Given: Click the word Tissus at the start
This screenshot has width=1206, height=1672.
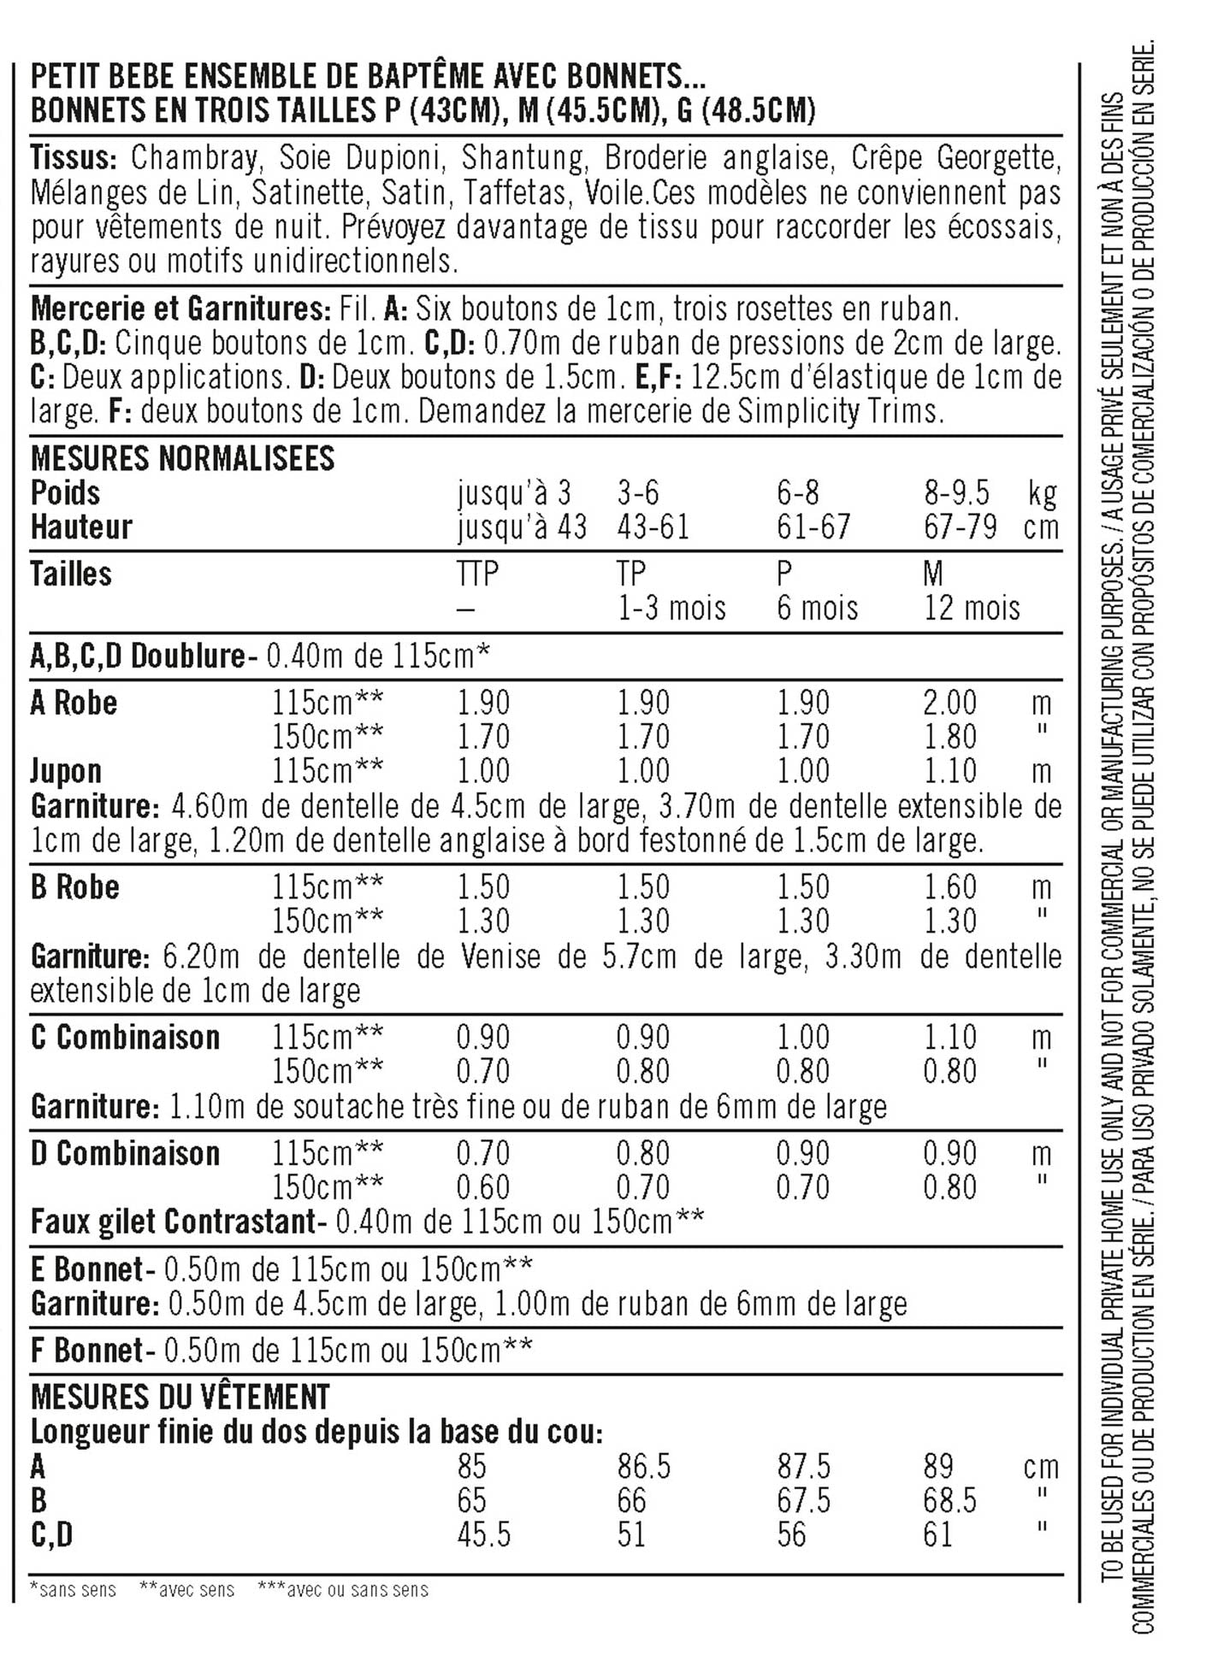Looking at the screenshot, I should tap(73, 159).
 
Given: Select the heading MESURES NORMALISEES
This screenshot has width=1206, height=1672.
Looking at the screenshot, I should tap(182, 459).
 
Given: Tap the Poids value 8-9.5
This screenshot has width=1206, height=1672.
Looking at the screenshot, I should tap(955, 493).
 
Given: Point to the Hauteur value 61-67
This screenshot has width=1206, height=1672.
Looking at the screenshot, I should tap(813, 527).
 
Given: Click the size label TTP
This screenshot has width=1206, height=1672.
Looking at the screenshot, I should tap(477, 574).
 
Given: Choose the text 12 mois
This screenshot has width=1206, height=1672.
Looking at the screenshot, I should tap(972, 609).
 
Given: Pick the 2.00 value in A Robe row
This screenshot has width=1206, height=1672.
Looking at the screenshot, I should tap(949, 703).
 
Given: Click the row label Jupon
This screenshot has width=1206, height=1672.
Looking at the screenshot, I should tap(66, 771).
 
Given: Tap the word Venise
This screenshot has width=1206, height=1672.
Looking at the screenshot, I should tap(500, 957).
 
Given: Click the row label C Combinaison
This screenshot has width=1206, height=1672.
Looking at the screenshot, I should tap(125, 1038).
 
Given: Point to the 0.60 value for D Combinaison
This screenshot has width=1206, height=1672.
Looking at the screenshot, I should tap(482, 1187).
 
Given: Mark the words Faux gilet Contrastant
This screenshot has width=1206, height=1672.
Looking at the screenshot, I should tap(173, 1222).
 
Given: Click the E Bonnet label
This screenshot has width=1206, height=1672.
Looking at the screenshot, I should tap(86, 1269).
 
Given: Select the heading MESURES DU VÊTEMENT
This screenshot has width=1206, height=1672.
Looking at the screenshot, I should tap(180, 1398).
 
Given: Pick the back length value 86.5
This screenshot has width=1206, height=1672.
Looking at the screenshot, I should tap(644, 1467).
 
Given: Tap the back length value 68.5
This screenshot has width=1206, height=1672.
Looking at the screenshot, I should tap(949, 1501).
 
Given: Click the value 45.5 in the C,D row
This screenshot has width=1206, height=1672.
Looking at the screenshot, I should tap(483, 1535).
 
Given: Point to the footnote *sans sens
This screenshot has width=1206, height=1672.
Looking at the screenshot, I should tap(73, 1590).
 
